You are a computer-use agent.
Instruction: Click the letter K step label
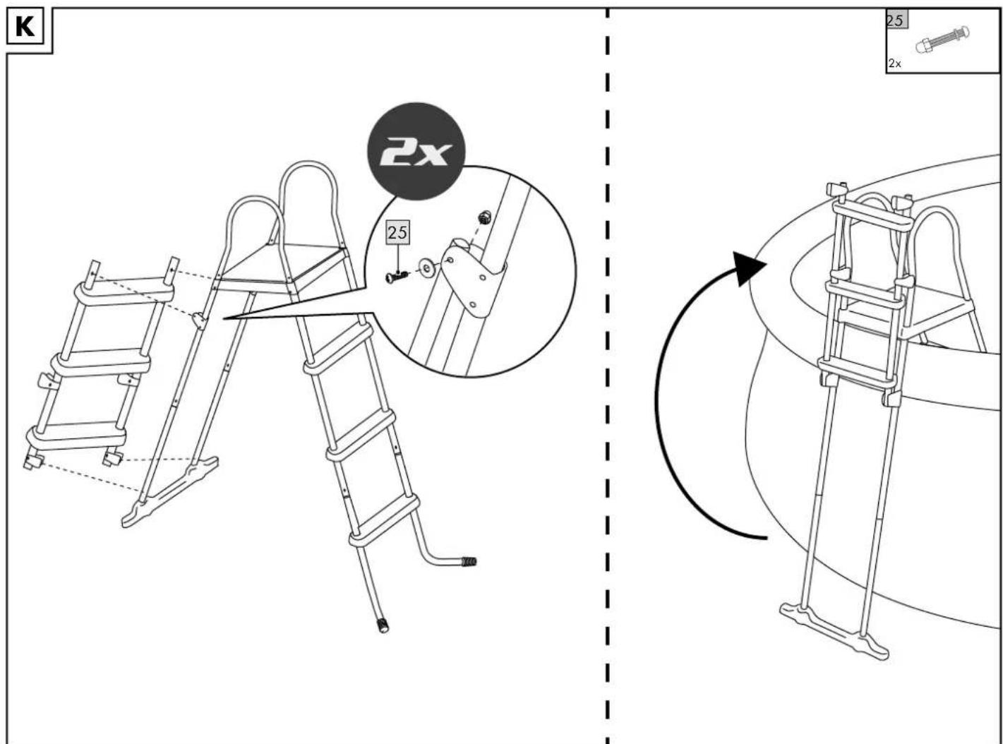pyautogui.click(x=25, y=27)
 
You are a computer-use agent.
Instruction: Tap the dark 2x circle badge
pyautogui.click(x=416, y=152)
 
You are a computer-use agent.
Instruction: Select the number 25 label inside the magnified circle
pyautogui.click(x=397, y=232)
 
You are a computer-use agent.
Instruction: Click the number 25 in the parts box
pyautogui.click(x=894, y=20)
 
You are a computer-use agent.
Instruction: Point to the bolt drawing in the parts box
pyautogui.click(x=942, y=40)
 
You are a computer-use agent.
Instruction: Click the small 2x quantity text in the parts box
pyautogui.click(x=894, y=64)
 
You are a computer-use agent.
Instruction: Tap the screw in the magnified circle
pyautogui.click(x=397, y=276)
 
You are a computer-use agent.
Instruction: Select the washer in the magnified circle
pyautogui.click(x=426, y=268)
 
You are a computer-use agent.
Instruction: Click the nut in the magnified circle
pyautogui.click(x=485, y=217)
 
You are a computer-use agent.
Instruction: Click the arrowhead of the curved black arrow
pyautogui.click(x=748, y=268)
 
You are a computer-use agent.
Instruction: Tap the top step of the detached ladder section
pyautogui.click(x=124, y=294)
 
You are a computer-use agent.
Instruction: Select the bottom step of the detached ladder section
pyautogui.click(x=76, y=437)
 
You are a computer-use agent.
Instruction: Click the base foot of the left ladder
pyautogui.click(x=169, y=493)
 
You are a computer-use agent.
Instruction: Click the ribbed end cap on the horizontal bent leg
pyautogui.click(x=469, y=562)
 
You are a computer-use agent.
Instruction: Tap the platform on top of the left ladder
pyautogui.click(x=280, y=268)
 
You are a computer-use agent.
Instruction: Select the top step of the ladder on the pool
pyautogui.click(x=872, y=217)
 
